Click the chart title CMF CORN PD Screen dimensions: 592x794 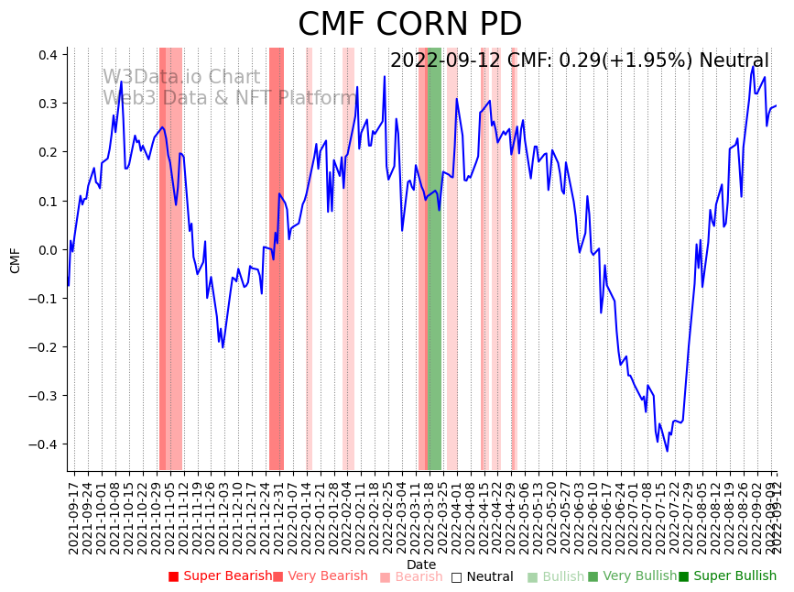pos(409,25)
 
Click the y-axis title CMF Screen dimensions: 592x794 pos(16,260)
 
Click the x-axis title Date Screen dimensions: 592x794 pos(421,565)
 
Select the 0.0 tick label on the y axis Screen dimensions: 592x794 pos(46,249)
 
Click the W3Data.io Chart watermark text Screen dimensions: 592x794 pos(181,78)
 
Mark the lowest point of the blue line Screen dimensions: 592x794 pos(667,451)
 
